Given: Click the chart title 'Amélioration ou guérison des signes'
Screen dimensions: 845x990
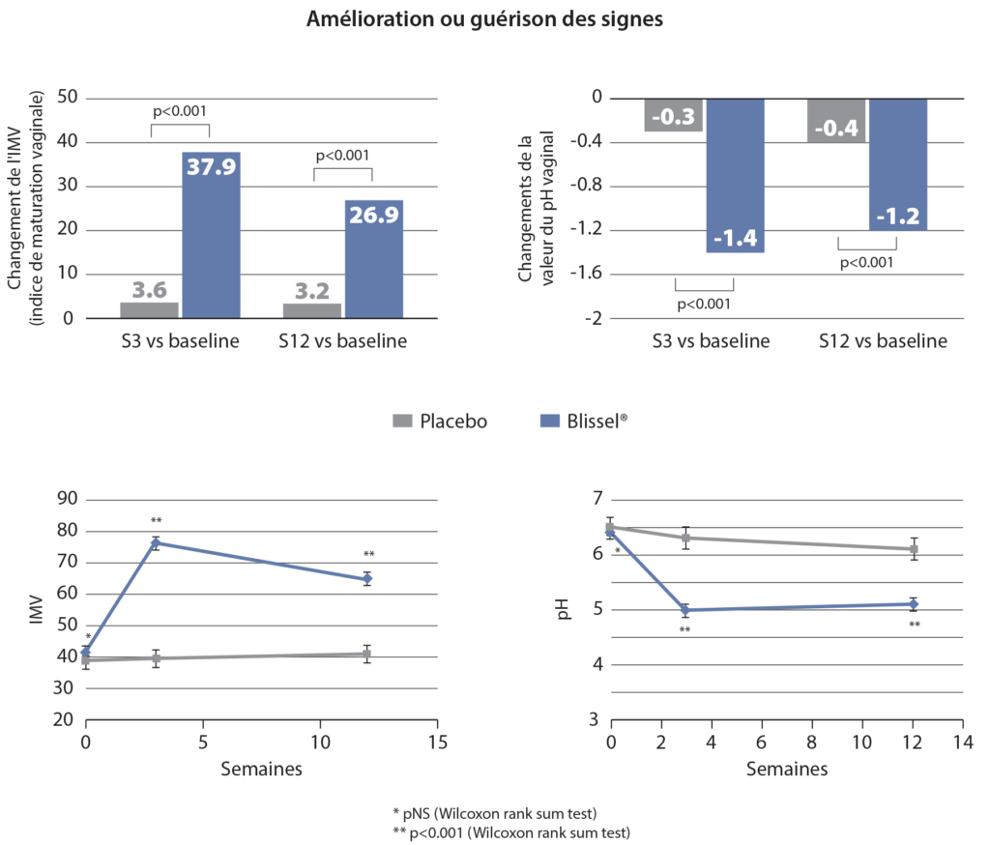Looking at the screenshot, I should (x=484, y=20).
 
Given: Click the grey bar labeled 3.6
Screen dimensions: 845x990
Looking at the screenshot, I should (x=151, y=309).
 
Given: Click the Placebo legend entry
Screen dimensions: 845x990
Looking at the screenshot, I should (x=441, y=421).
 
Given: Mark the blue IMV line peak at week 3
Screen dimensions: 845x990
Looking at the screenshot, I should (x=156, y=543).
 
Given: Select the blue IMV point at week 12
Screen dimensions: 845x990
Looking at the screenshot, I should (x=367, y=579).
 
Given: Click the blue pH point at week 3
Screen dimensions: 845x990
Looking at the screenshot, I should (x=685, y=610).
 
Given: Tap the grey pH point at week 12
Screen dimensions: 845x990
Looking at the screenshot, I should (x=913, y=549).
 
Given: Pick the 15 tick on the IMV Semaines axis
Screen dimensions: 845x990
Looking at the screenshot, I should (x=437, y=742).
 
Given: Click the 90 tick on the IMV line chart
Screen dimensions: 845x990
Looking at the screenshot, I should (x=68, y=500).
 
